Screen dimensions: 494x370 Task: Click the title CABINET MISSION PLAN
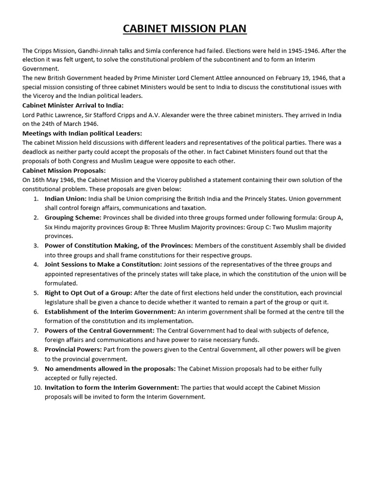(x=185, y=29)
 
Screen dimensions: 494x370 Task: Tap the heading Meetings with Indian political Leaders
(x=82, y=133)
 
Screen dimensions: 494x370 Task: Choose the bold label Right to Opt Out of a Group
(x=88, y=293)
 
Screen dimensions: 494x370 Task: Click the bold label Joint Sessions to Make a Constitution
(x=103, y=264)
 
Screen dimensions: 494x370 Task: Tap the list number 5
(x=36, y=293)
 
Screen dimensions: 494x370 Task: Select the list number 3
(x=36, y=246)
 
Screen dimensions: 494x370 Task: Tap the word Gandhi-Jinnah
(x=97, y=51)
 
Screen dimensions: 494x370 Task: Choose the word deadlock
(x=38, y=152)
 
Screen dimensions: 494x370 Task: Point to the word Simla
(x=148, y=51)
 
